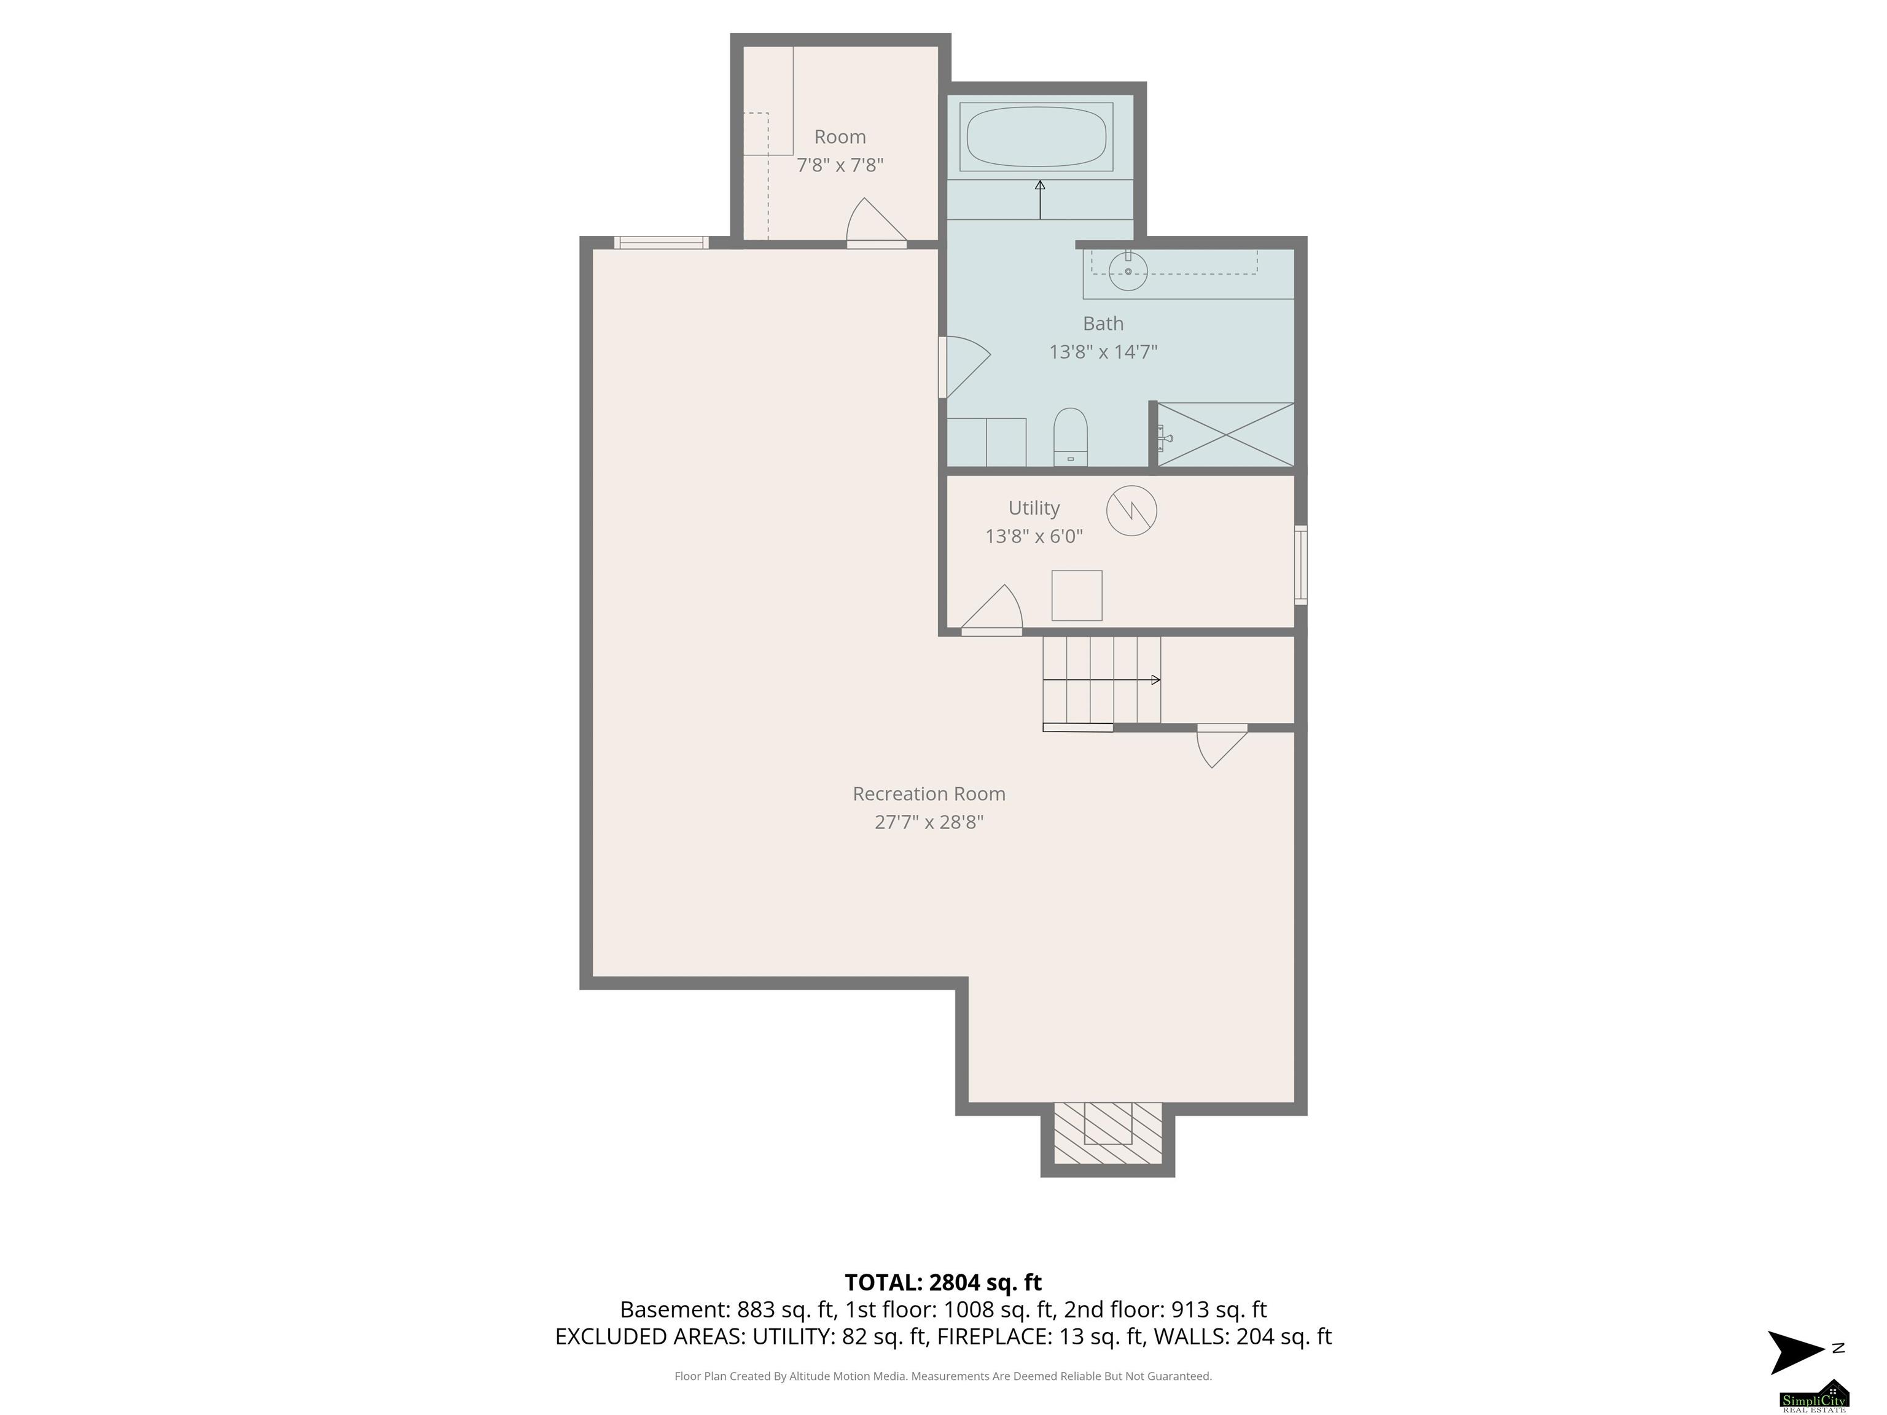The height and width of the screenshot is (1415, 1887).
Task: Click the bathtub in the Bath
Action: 1036,136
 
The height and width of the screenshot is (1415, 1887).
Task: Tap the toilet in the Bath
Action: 1071,437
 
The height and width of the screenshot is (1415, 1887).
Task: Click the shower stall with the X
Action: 1225,435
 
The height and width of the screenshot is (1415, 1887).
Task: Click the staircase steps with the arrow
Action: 1101,680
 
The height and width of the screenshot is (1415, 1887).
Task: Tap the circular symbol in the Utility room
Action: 1131,511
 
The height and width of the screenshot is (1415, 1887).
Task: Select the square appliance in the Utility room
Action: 1077,595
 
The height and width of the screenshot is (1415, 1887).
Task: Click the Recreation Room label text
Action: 929,793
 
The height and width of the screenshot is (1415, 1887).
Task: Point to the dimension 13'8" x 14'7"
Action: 1103,351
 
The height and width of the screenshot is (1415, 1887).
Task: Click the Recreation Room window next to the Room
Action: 661,242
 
